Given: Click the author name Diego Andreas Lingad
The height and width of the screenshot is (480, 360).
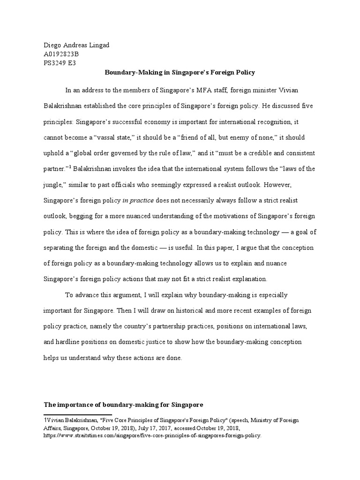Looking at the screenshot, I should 76,45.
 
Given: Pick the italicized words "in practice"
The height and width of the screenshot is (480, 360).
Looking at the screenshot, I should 138,201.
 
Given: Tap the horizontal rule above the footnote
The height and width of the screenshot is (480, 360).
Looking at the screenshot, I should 77,414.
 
